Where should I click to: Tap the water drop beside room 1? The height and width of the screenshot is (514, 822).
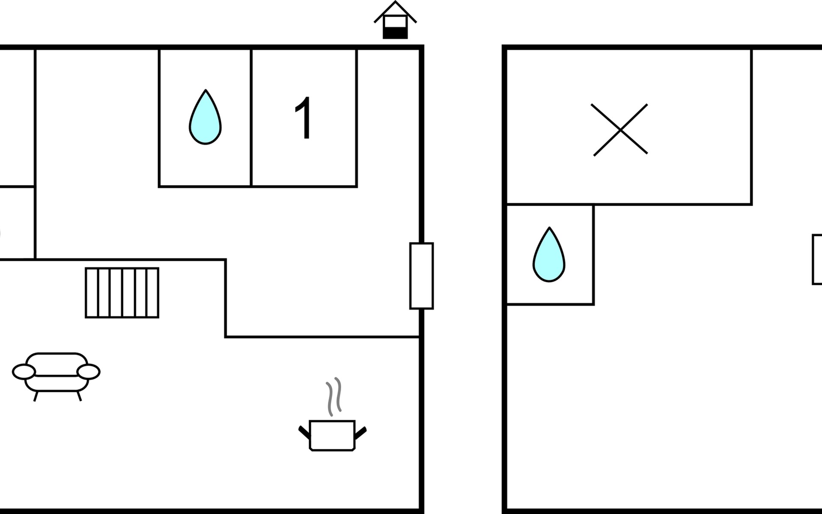[205, 120]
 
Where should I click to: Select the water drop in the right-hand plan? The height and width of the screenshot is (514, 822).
[549, 257]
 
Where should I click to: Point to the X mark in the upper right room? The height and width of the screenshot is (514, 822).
[620, 130]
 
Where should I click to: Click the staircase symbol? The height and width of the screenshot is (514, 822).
[122, 293]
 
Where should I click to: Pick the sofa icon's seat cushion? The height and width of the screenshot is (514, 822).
[56, 383]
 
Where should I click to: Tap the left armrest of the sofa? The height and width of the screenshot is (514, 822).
[24, 372]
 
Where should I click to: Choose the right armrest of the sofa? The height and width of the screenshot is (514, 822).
[88, 372]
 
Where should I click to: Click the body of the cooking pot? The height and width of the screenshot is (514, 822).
[332, 435]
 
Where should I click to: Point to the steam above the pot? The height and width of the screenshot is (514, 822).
[334, 396]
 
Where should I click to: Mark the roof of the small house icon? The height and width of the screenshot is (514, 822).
[395, 10]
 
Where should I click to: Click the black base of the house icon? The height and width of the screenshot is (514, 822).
[395, 33]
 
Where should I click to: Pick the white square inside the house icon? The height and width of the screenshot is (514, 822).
[395, 21]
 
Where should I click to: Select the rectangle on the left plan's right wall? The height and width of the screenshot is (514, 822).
[422, 276]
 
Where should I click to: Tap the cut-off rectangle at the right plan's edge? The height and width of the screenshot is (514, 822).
[817, 260]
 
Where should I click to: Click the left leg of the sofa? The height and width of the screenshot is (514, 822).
[36, 396]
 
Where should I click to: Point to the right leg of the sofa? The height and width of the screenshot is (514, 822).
[79, 396]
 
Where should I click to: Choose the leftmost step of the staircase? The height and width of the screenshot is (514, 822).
[92, 293]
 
